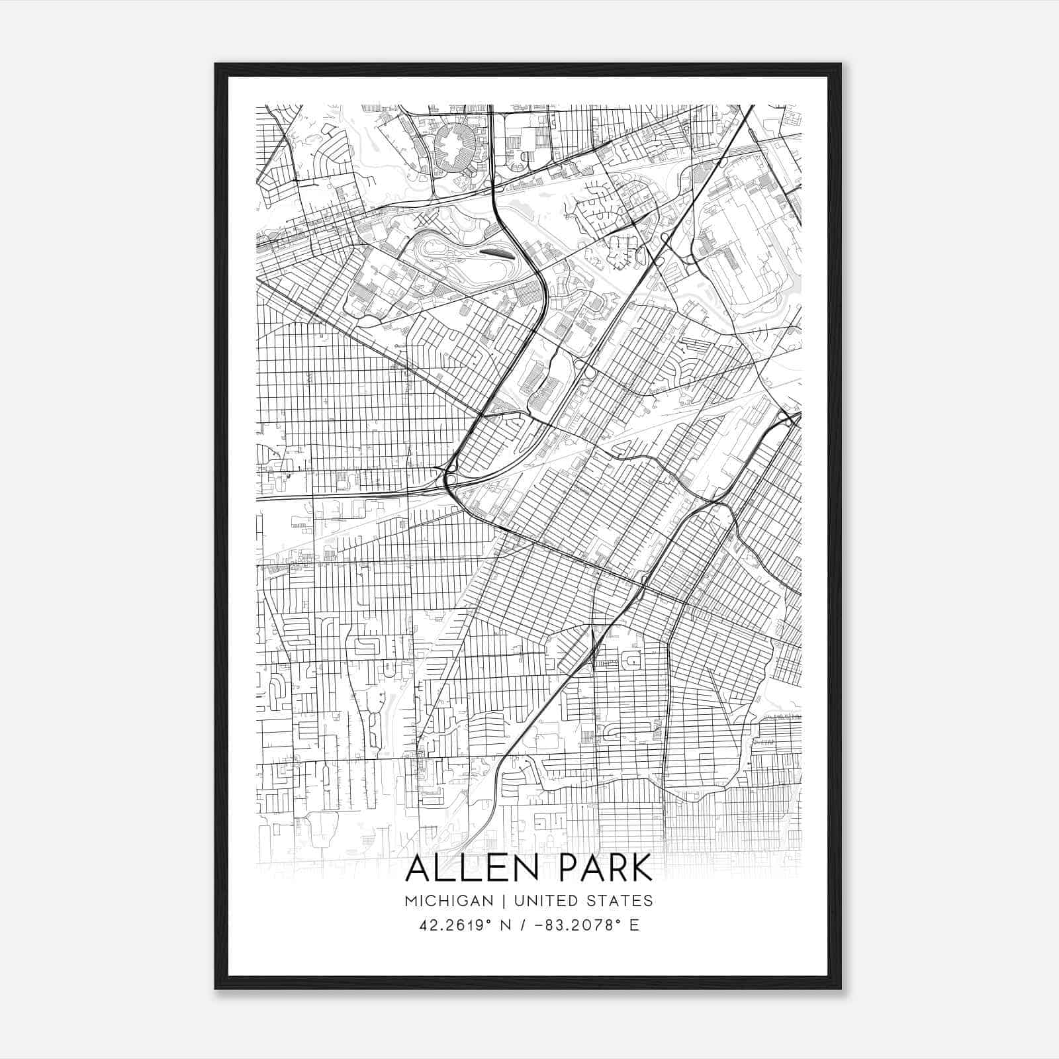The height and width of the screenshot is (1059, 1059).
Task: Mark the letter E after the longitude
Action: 634,925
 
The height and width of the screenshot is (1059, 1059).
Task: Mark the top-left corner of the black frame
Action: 215,64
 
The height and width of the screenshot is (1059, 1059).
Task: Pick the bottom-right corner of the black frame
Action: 841,989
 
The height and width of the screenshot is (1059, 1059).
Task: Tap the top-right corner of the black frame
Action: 841,64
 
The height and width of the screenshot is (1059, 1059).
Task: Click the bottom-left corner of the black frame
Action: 215,989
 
